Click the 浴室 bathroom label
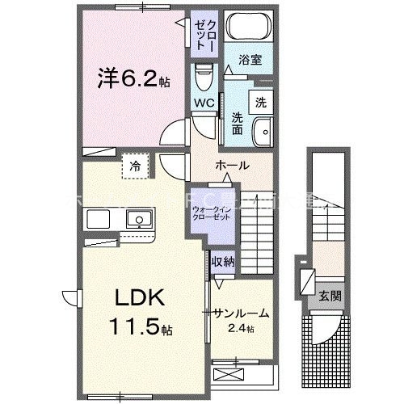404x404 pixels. (x=249, y=59)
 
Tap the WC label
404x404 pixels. (x=203, y=103)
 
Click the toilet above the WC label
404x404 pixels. (x=204, y=79)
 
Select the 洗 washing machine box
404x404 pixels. (x=260, y=102)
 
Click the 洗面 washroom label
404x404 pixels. (x=238, y=123)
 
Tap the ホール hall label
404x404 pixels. (x=232, y=165)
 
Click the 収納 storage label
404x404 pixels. (x=224, y=261)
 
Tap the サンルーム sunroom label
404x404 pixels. (x=241, y=313)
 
